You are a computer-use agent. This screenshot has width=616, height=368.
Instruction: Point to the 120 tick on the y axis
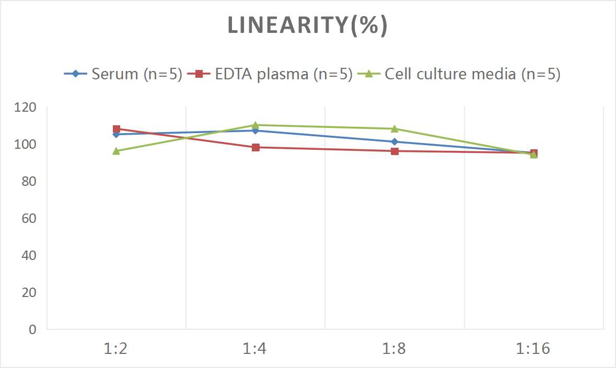(x=26, y=107)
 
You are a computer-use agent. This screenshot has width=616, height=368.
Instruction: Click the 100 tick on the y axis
(x=26, y=144)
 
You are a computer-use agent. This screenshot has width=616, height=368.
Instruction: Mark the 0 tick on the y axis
(x=32, y=329)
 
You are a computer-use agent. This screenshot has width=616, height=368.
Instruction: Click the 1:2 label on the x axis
(x=116, y=349)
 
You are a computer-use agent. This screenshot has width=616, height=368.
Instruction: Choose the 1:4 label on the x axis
(x=255, y=349)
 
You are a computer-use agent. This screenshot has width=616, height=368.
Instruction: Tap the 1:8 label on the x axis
(x=394, y=349)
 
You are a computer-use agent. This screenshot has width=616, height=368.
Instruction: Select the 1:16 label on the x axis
(x=533, y=349)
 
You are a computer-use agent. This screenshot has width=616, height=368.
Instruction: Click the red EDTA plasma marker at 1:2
(x=117, y=129)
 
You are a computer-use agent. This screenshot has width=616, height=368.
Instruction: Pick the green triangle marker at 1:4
(x=255, y=125)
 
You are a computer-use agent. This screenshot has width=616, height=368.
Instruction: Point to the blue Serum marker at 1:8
(x=394, y=142)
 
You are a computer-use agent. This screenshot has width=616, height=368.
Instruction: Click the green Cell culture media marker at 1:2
(x=117, y=151)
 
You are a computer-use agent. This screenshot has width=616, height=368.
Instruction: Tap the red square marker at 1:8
(x=394, y=151)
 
